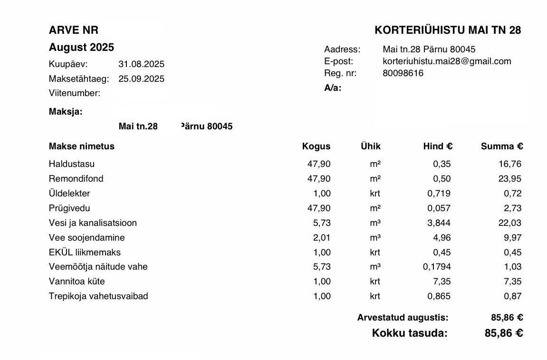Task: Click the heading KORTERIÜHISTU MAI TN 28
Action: pyautogui.click(x=448, y=30)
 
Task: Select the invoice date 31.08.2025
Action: pyautogui.click(x=141, y=64)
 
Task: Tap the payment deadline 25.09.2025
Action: pyautogui.click(x=141, y=79)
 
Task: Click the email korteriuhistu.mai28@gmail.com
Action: pyautogui.click(x=447, y=61)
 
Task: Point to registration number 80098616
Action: pyautogui.click(x=403, y=73)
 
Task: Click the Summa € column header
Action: pyautogui.click(x=501, y=146)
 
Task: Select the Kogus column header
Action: pyautogui.click(x=316, y=146)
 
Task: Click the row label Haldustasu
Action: pyautogui.click(x=72, y=164)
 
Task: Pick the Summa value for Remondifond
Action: pyautogui.click(x=509, y=179)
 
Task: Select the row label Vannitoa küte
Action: pyautogui.click(x=77, y=282)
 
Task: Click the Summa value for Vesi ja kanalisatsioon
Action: pyautogui.click(x=509, y=223)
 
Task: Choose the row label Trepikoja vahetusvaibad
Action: pyautogui.click(x=98, y=296)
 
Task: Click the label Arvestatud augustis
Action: pyautogui.click(x=403, y=318)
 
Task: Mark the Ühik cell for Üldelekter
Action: pyautogui.click(x=375, y=194)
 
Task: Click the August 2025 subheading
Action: pyautogui.click(x=81, y=48)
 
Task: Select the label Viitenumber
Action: pyautogui.click(x=75, y=93)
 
